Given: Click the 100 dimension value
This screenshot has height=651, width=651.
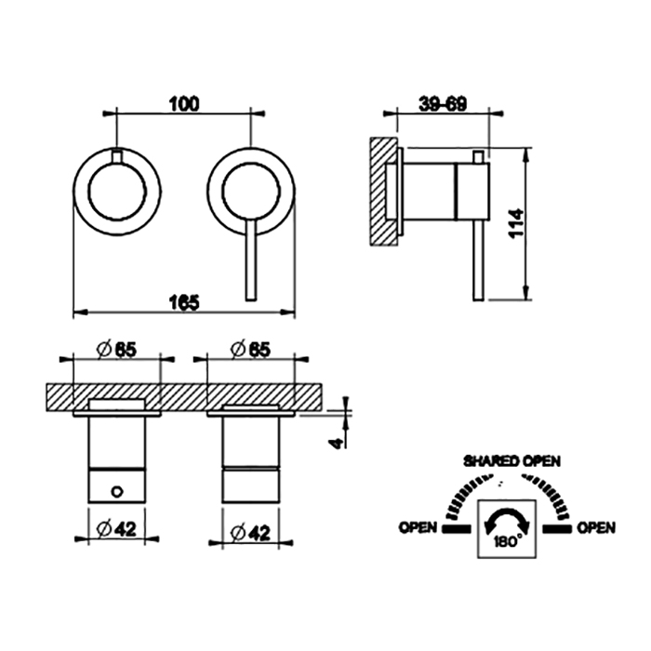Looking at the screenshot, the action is tap(184, 104).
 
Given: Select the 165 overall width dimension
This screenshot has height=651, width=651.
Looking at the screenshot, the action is tap(184, 302).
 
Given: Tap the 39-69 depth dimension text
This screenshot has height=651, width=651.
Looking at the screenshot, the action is tap(443, 104).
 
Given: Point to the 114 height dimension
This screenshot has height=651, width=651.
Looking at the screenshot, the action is tap(517, 223).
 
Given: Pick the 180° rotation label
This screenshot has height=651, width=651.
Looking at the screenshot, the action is tap(509, 541).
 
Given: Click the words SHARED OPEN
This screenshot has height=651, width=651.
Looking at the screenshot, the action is tap(511, 461).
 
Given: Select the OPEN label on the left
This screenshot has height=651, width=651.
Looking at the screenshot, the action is tap(418, 527).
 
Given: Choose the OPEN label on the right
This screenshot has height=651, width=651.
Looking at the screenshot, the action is tap(596, 527).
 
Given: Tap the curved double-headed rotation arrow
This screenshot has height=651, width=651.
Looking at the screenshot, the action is tap(508, 520).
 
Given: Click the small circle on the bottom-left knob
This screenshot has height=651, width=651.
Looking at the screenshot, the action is tap(117, 492).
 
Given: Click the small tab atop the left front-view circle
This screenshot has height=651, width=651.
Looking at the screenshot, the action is tap(117, 156).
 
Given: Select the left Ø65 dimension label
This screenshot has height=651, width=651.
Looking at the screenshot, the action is tap(116, 350).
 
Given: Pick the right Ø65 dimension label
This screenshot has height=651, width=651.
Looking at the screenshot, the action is tap(250, 350).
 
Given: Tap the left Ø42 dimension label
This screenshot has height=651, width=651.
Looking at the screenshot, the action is tap(116, 528).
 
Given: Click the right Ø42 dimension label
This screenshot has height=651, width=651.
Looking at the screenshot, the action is tap(250, 533).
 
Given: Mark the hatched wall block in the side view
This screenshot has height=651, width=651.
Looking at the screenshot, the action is tap(383, 191).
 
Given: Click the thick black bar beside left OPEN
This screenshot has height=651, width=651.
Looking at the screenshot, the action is tap(458, 528).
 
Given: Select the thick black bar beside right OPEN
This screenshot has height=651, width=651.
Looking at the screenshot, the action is tap(557, 528).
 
